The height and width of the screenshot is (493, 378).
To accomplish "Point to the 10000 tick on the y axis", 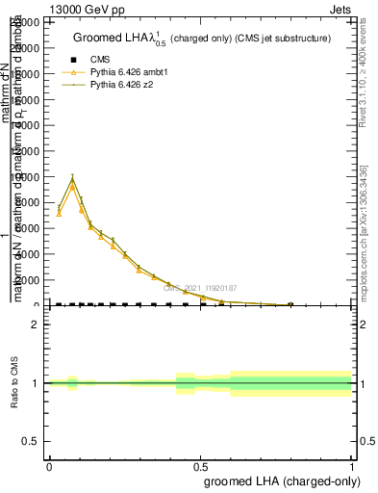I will (29, 177).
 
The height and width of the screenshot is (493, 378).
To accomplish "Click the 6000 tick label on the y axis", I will (31, 228).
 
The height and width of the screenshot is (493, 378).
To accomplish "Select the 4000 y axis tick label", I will (31, 254).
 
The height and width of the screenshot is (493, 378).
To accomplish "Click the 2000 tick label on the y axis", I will (31, 280).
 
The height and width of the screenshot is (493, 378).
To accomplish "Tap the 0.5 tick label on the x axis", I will (200, 464).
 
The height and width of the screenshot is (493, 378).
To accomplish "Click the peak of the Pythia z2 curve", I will (72, 177).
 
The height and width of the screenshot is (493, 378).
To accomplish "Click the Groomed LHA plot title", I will (202, 39).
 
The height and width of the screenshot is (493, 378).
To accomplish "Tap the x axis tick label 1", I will (352, 464).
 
